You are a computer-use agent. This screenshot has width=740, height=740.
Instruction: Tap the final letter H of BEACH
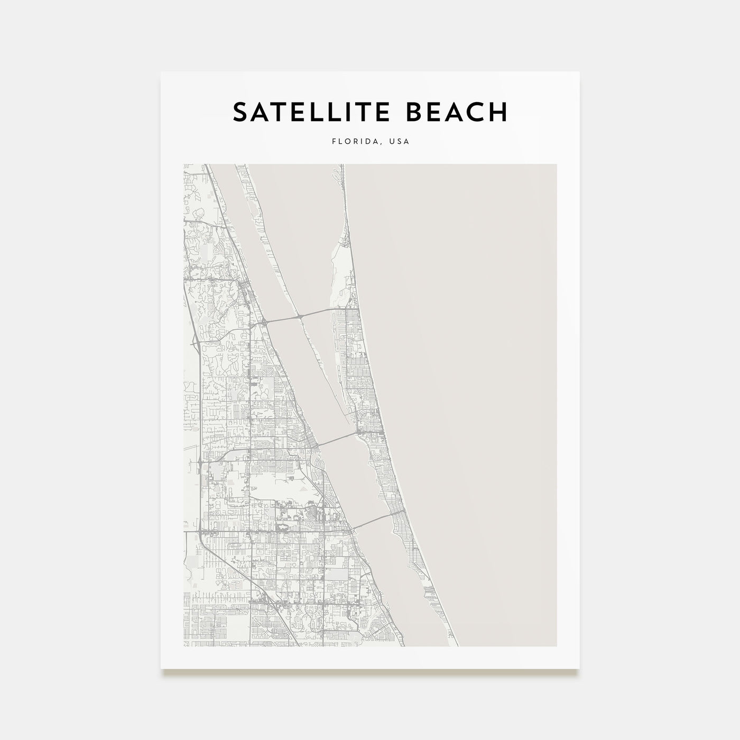(498, 112)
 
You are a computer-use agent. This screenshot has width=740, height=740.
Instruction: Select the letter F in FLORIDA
(334, 142)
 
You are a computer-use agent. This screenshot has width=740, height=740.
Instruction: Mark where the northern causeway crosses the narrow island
(300, 316)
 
